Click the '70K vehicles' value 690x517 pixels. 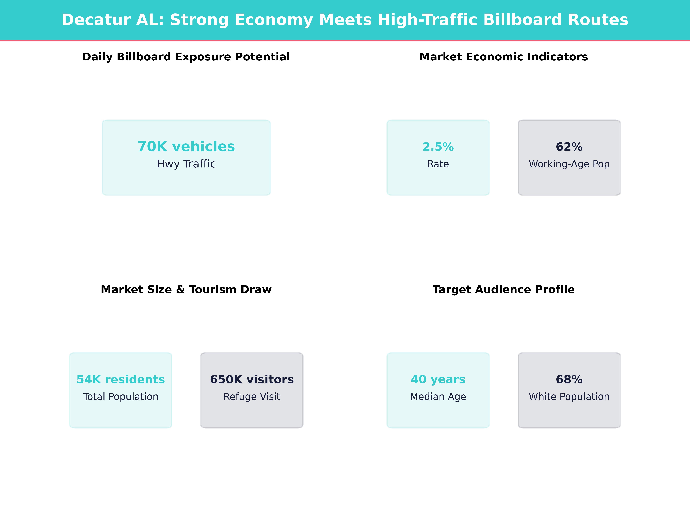[186, 146]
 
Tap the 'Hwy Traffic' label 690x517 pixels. [186, 164]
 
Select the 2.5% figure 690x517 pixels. [438, 147]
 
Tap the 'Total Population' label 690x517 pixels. [121, 397]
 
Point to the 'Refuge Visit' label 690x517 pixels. [252, 397]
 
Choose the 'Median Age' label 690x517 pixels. [438, 397]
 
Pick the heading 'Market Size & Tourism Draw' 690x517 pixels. [186, 290]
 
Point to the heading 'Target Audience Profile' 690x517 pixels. [503, 290]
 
